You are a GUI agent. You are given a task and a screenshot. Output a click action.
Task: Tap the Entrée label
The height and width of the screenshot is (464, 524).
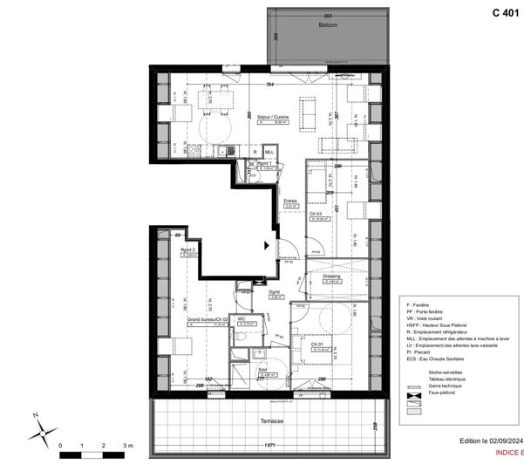(x=290, y=201)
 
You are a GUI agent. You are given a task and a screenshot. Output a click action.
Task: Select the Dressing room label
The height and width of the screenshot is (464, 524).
(x=332, y=276)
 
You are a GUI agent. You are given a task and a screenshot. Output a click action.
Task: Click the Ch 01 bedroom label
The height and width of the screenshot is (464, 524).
(x=318, y=344)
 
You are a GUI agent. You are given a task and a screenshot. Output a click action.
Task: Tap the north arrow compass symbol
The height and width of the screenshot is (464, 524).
(x=39, y=430)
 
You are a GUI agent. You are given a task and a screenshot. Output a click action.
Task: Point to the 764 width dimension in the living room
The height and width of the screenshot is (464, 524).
(x=270, y=85)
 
